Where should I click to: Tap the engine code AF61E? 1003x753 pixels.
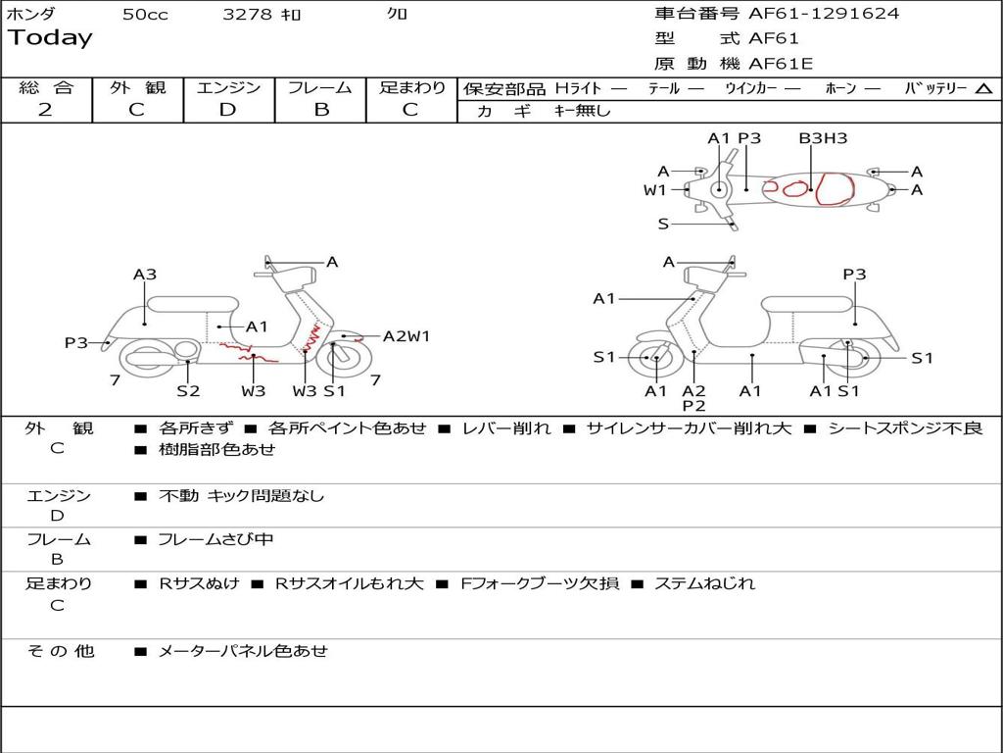pyautogui.click(x=781, y=65)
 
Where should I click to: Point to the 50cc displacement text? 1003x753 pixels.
pyautogui.click(x=145, y=15)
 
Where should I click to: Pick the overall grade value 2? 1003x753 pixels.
pyautogui.click(x=45, y=110)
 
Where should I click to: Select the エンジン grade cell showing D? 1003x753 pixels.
pyautogui.click(x=227, y=110)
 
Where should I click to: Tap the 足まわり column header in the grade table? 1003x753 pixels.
pyautogui.click(x=411, y=88)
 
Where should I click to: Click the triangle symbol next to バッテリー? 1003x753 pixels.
pyautogui.click(x=983, y=89)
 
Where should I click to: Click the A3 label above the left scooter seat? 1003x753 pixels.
pyautogui.click(x=145, y=276)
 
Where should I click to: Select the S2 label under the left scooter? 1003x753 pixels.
pyautogui.click(x=188, y=391)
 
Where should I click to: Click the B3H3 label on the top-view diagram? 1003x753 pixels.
pyautogui.click(x=823, y=138)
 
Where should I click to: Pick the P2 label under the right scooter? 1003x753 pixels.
pyautogui.click(x=693, y=406)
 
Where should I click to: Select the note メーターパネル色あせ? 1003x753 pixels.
pyautogui.click(x=243, y=651)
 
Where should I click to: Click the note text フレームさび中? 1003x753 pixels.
pyautogui.click(x=215, y=540)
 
